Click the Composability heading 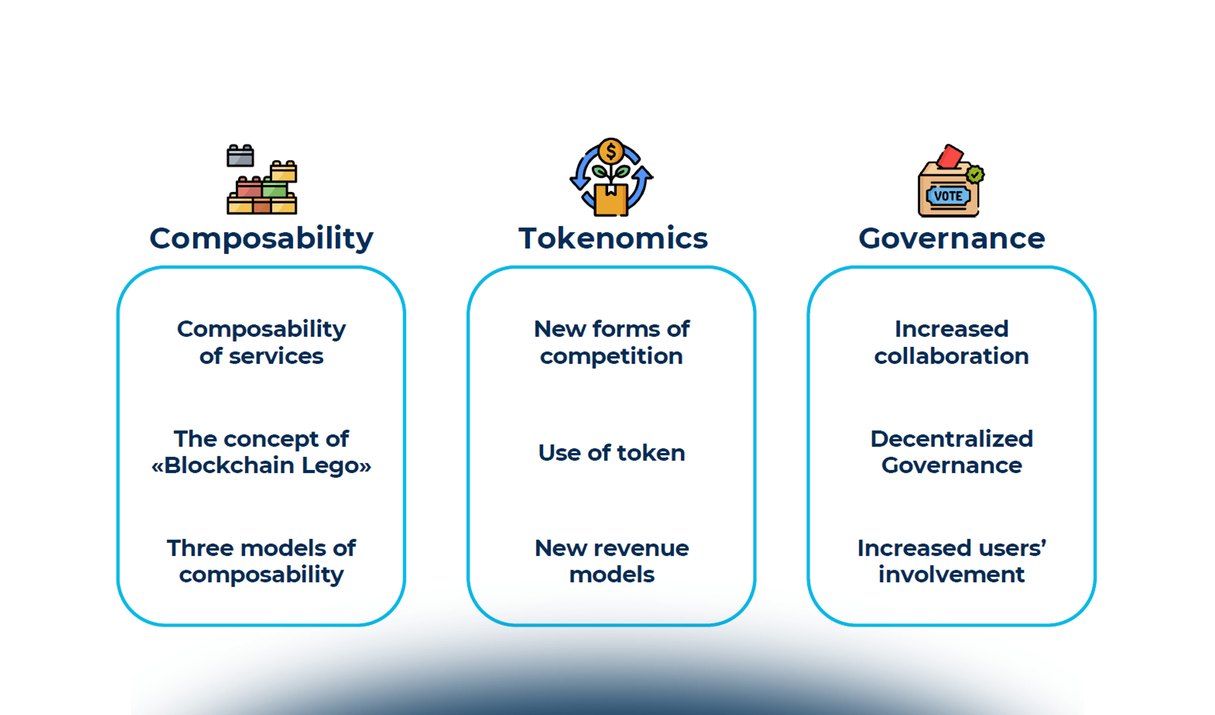pos(261,238)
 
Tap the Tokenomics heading pos(613,238)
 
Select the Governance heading pos(951,238)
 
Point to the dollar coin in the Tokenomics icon pos(610,151)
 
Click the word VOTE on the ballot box pos(948,196)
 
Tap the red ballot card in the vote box pos(949,157)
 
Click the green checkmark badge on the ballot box pos(975,175)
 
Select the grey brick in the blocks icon pos(240,156)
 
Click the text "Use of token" pos(612,453)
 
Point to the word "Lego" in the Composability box pos(337,465)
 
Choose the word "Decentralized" pos(951,439)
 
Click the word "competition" pos(612,356)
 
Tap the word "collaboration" pos(951,356)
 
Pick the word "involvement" pos(951,575)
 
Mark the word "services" pos(276,356)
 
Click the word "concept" pos(279,440)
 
